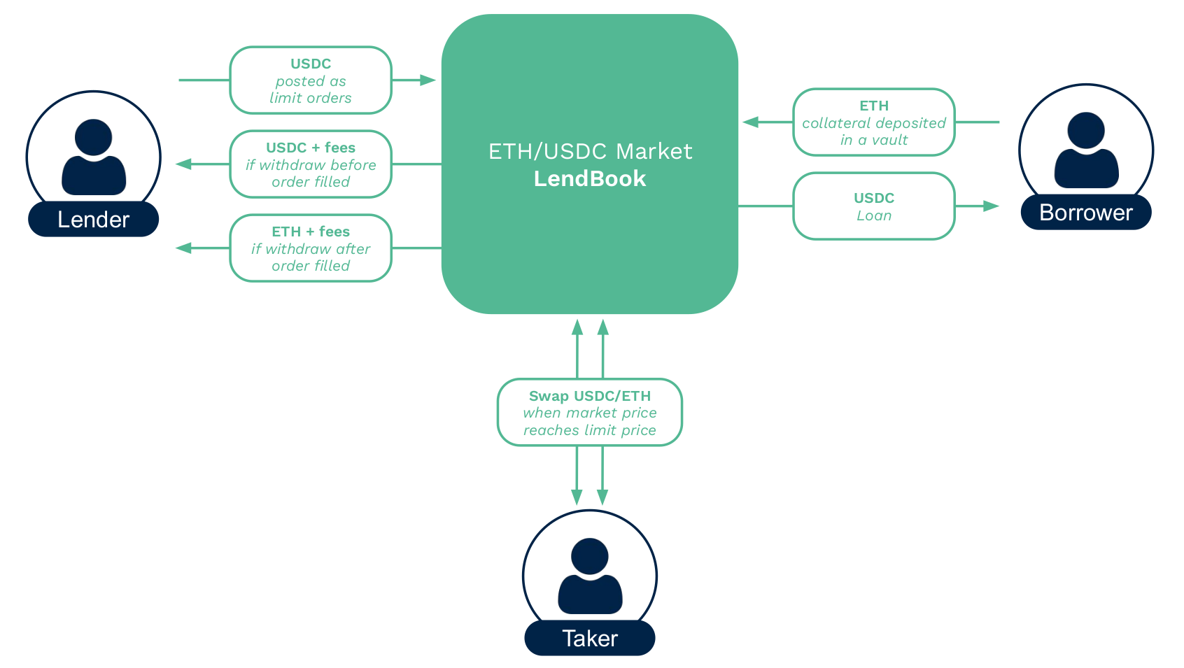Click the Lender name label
tap(93, 220)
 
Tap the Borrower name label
tap(1085, 213)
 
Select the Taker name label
tap(589, 639)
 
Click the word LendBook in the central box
tap(590, 179)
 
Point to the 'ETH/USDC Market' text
tap(590, 151)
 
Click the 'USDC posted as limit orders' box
tap(311, 80)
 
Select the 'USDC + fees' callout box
tap(311, 164)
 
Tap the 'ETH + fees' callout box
tap(311, 248)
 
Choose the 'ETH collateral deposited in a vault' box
tap(873, 122)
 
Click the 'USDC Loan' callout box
tap(873, 206)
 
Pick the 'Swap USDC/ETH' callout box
tap(589, 413)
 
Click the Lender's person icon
tap(94, 157)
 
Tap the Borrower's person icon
tap(1086, 150)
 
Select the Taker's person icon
tap(590, 576)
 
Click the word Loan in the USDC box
tap(874, 215)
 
